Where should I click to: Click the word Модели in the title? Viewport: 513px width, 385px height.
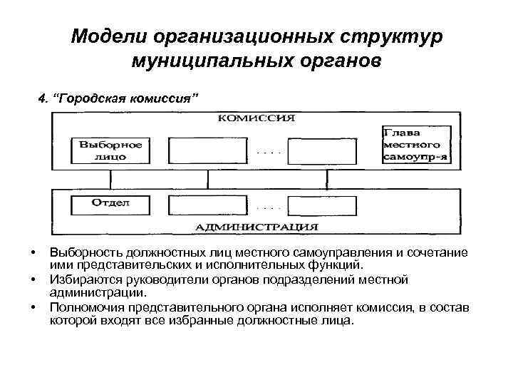pyautogui.click(x=105, y=36)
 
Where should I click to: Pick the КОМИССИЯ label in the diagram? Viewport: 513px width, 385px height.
pyautogui.click(x=256, y=118)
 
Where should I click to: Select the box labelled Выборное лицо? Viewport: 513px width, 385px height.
pyautogui.click(x=110, y=149)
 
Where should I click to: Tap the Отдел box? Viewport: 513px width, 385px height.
pyautogui.click(x=110, y=205)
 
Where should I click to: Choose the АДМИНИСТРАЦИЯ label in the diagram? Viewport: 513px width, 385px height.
pyautogui.click(x=257, y=227)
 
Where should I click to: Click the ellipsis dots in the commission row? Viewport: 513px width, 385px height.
pyautogui.click(x=269, y=152)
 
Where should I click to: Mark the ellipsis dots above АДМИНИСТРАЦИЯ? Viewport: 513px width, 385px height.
pyautogui.click(x=269, y=207)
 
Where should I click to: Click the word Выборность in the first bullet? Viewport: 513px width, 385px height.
pyautogui.click(x=86, y=253)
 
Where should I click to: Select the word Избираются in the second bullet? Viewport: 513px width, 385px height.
pyautogui.click(x=80, y=279)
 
